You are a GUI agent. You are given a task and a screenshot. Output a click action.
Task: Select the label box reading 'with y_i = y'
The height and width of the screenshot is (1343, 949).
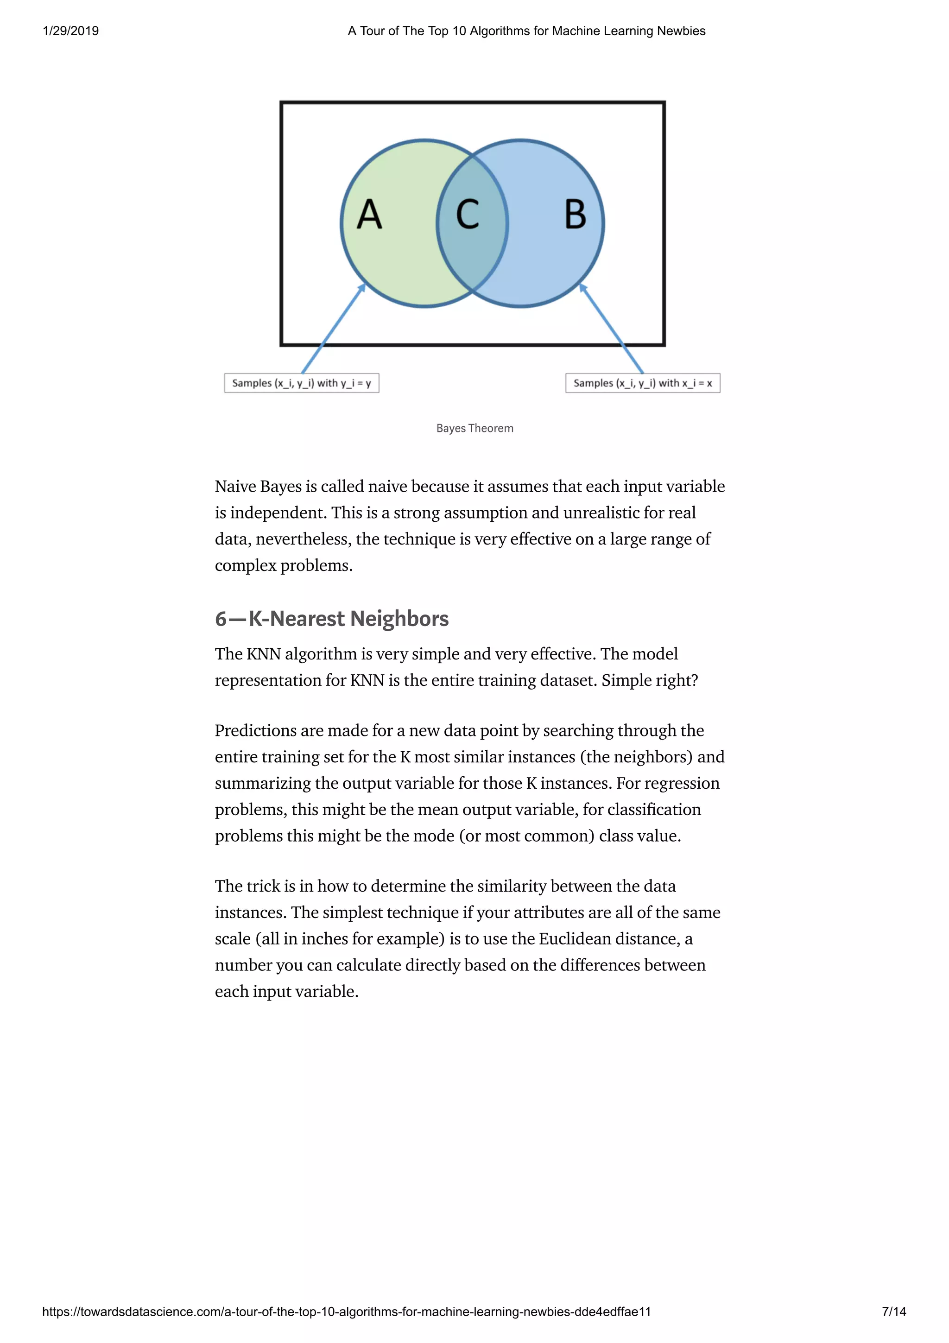[302, 383]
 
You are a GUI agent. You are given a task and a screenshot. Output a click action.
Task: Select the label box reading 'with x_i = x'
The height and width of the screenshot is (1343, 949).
[643, 383]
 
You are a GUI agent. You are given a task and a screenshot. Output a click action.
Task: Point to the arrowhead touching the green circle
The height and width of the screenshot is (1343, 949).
[362, 287]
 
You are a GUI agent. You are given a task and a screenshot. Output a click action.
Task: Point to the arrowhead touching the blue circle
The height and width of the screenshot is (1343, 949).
[582, 287]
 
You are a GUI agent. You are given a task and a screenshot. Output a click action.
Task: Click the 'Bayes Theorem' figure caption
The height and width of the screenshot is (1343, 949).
[475, 428]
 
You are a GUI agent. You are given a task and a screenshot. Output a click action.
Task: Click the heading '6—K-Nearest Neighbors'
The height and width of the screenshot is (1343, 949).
[331, 618]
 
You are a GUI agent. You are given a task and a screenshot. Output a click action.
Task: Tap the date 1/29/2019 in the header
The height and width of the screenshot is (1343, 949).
[71, 31]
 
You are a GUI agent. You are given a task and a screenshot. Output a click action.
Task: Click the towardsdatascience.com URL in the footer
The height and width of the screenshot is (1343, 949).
[346, 1311]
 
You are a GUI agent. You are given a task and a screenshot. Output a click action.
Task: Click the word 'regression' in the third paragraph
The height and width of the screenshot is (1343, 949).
[682, 783]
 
